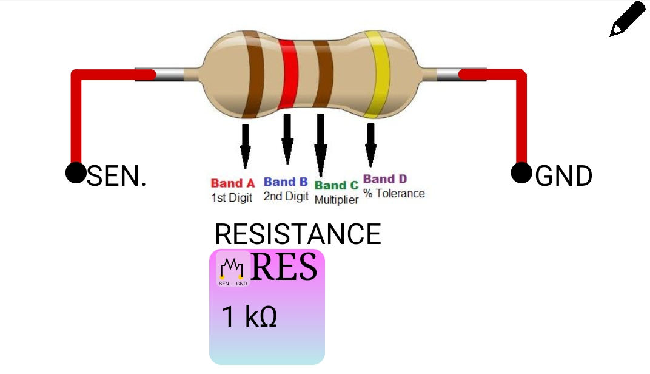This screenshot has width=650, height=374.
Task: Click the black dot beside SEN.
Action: point(75,172)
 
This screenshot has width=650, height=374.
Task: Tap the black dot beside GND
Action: point(521,172)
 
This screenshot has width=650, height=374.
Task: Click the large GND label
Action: point(563,176)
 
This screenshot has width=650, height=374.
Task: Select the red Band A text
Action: point(233,183)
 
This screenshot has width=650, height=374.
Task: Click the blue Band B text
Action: point(286,182)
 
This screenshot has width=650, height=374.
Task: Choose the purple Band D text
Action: point(385,179)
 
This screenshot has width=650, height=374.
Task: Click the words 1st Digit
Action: point(232,197)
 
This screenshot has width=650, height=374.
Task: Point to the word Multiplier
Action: point(337,200)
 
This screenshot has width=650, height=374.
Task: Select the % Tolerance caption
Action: point(394,194)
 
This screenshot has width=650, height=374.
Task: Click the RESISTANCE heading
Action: point(298,234)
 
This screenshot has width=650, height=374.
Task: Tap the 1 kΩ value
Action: point(249,317)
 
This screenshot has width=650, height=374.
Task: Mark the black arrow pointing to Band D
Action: point(370,144)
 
